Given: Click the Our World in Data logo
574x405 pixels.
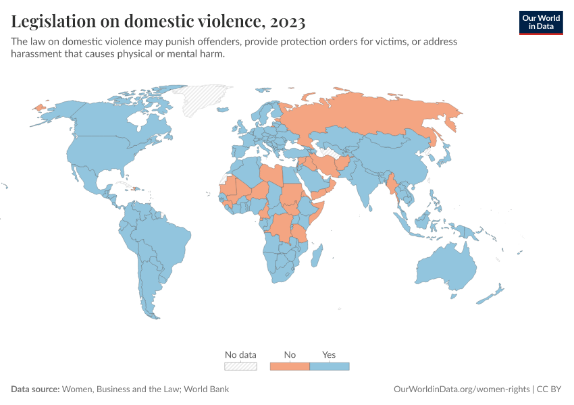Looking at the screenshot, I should [x=540, y=22].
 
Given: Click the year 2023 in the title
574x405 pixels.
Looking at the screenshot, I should [x=286, y=22].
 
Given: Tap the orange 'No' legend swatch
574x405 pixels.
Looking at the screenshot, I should [x=290, y=366].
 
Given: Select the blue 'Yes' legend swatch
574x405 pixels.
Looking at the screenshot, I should [x=330, y=366].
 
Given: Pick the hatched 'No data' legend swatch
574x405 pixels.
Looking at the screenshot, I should [x=240, y=366].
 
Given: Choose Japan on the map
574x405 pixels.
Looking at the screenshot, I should [x=444, y=157].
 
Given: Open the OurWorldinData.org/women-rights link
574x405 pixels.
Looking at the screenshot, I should [x=462, y=389].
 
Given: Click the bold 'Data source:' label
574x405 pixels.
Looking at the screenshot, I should [x=35, y=389].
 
